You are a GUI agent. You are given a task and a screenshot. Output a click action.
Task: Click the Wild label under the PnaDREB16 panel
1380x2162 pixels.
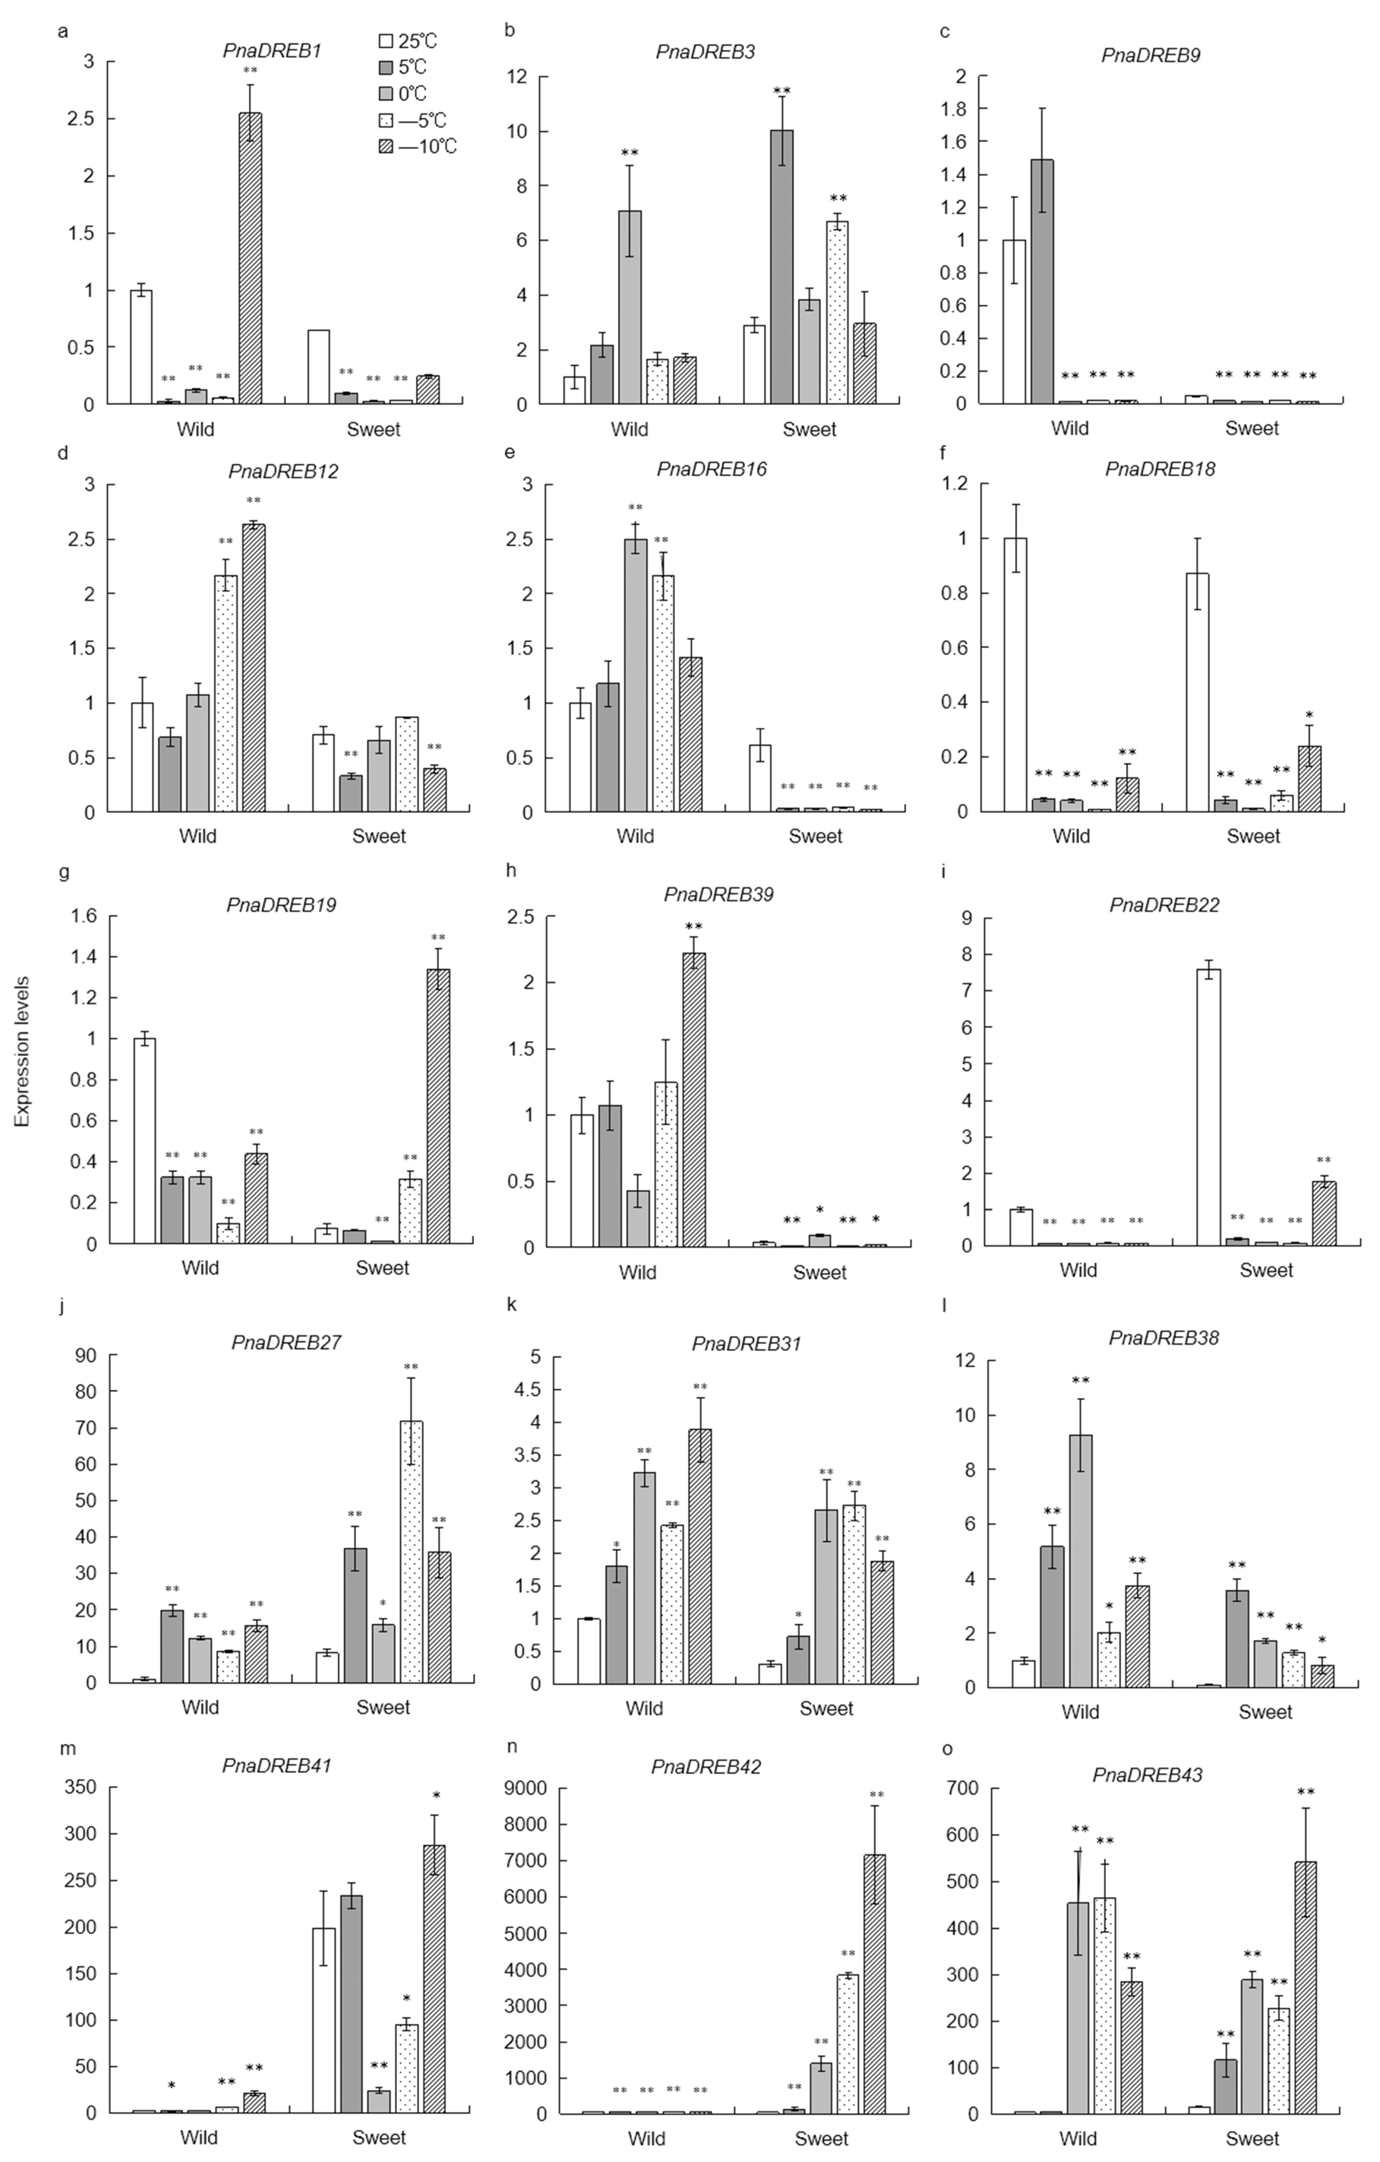point(635,836)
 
